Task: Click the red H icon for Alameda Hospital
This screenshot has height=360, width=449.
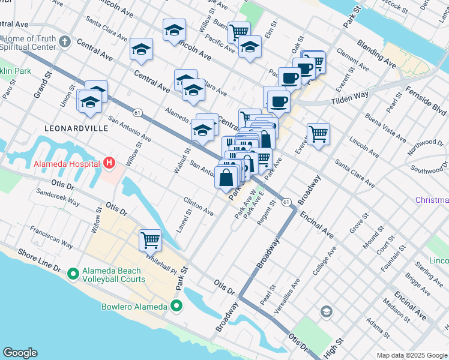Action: (x=109, y=163)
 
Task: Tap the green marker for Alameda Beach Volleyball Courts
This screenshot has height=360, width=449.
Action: (x=73, y=274)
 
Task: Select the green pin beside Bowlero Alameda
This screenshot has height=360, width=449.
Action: (x=176, y=307)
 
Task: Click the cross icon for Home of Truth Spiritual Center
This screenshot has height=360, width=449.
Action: (x=65, y=43)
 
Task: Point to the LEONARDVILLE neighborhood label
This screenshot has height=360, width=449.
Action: (x=76, y=128)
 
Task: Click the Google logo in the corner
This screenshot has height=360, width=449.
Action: (x=20, y=353)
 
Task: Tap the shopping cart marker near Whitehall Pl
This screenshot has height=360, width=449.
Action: (x=150, y=241)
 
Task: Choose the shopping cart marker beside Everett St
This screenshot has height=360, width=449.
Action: (x=318, y=134)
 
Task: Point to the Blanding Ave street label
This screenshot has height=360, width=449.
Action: (x=376, y=54)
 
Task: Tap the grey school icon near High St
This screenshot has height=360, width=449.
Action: (x=326, y=311)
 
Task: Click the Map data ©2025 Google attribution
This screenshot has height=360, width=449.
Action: (x=412, y=355)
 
